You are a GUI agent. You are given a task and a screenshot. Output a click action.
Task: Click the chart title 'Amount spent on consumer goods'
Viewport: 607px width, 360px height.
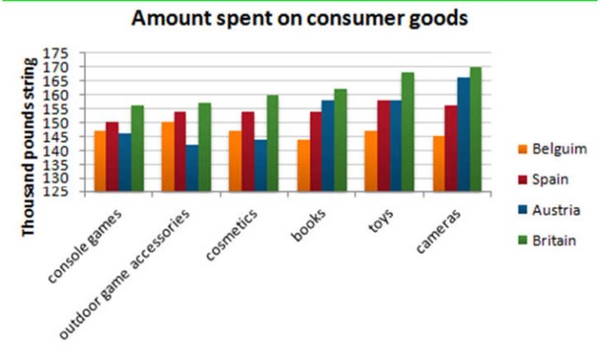click(299, 19)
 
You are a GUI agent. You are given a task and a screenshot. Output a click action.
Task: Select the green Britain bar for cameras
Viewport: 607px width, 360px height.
click(476, 129)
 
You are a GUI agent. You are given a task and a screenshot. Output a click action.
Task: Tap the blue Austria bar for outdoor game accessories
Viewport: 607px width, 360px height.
click(192, 169)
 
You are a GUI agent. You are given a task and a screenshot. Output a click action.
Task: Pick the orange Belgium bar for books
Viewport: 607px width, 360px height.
click(304, 166)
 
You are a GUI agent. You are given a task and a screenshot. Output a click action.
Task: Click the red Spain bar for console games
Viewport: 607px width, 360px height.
click(113, 157)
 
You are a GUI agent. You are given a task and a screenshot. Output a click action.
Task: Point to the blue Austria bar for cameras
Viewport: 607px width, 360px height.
click(464, 134)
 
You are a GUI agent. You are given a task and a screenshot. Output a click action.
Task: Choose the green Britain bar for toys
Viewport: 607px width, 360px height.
click(408, 132)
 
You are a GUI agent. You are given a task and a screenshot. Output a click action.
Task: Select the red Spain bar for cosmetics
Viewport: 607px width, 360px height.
click(248, 152)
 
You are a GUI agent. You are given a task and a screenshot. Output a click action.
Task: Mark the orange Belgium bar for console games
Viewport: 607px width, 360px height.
click(101, 161)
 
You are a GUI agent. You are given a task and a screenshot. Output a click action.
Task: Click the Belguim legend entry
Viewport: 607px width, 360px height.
click(553, 149)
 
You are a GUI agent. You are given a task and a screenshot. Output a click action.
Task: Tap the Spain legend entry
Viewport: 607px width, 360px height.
click(543, 180)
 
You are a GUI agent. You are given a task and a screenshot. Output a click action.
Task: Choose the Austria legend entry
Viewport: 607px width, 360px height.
click(549, 210)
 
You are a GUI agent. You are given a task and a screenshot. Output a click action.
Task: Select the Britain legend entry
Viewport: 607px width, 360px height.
click(547, 241)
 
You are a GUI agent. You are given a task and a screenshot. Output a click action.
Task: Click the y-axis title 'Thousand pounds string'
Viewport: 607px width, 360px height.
click(30, 147)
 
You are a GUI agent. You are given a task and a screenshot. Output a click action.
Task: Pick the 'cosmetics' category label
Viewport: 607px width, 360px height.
click(232, 235)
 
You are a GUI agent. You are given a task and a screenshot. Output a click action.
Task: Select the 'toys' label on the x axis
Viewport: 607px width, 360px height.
click(381, 221)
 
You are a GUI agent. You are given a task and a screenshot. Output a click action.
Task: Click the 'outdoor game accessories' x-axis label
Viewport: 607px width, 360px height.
click(124, 274)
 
